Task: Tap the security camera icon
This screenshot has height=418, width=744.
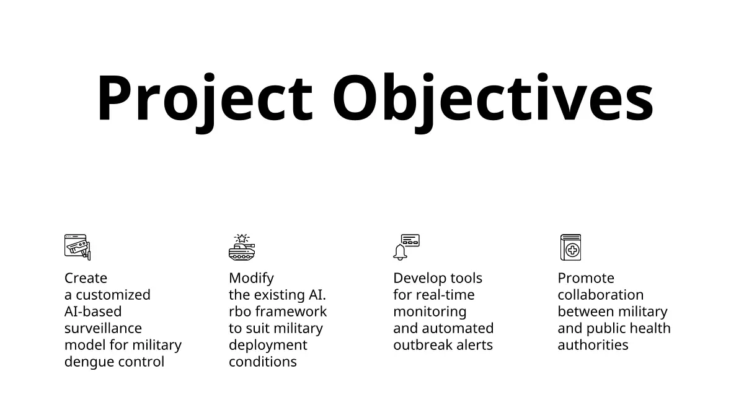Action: point(77,248)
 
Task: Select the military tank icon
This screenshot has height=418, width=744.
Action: point(242,248)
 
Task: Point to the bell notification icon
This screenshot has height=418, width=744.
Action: point(407,248)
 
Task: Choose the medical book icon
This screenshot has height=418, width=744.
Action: point(570,248)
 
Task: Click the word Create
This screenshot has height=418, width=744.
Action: point(86,278)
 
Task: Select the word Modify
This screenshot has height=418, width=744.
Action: point(252,279)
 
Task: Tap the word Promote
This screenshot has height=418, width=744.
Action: point(586,278)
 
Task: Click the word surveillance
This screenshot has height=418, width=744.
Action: point(103,328)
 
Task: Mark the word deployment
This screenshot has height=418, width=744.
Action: point(268,346)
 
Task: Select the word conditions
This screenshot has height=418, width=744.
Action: point(263,362)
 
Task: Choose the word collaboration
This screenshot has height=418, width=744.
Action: point(601,295)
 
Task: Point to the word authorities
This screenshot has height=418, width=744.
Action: point(593,345)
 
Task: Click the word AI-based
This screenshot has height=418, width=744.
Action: point(93,311)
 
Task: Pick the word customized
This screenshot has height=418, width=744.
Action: point(113,295)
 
